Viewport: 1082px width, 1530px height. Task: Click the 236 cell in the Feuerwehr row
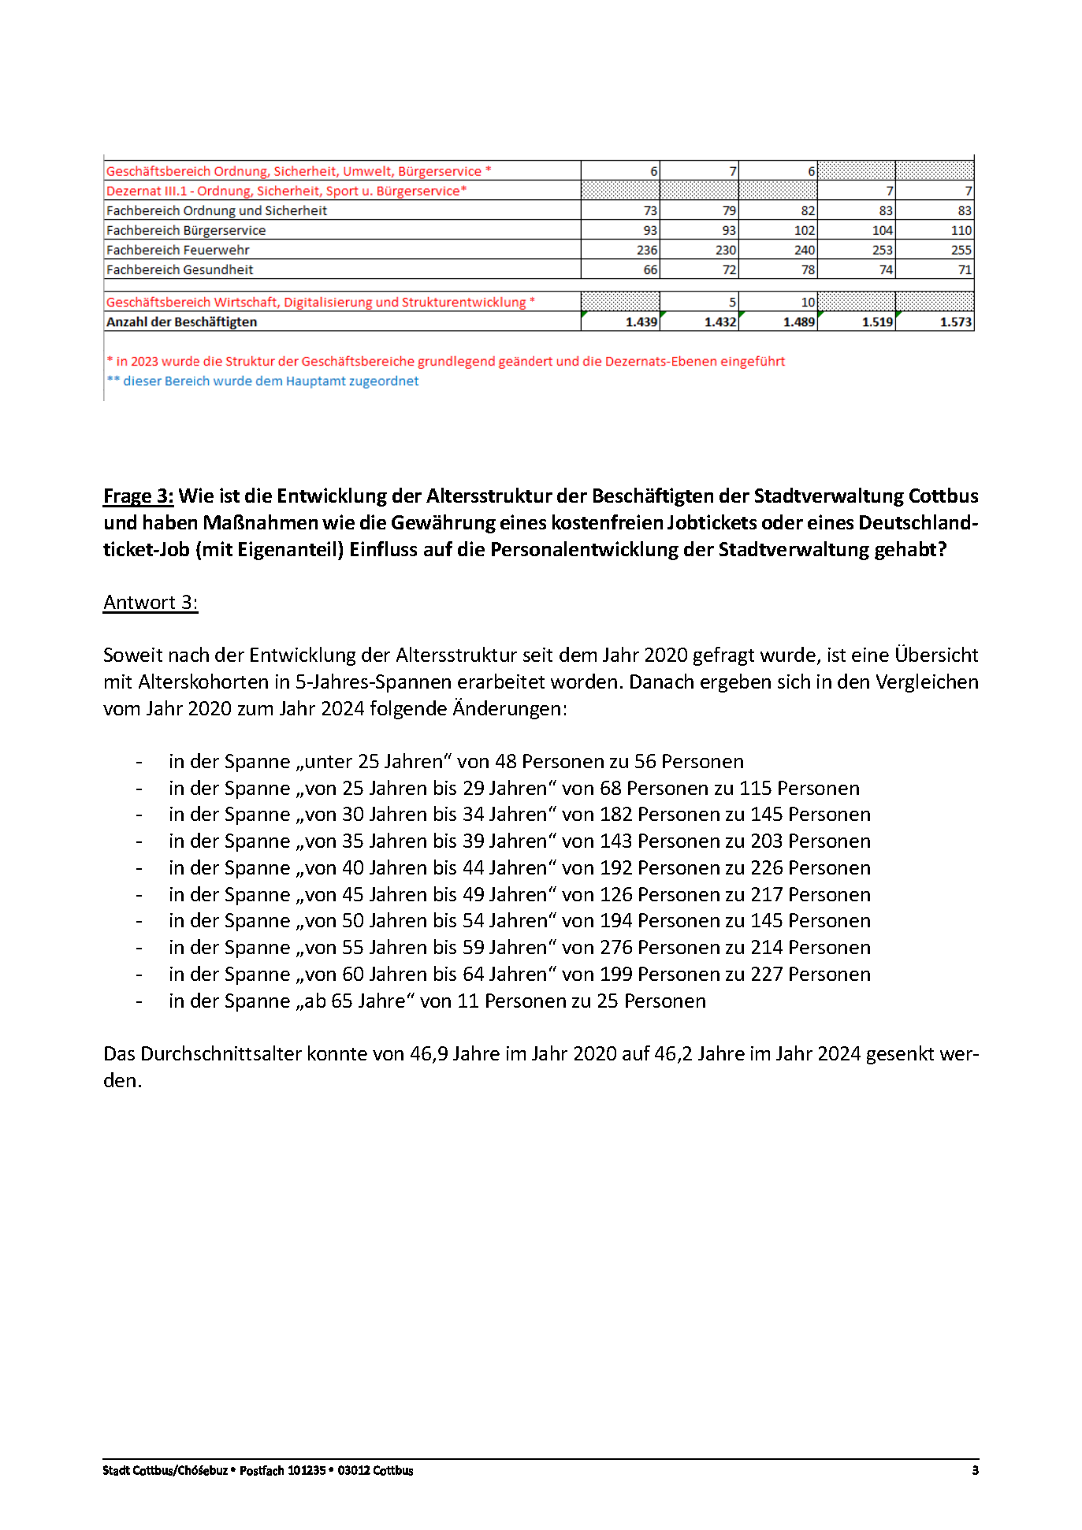tap(646, 251)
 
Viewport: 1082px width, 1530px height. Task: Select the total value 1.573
tap(955, 322)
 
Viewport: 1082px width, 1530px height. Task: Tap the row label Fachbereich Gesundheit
tap(180, 270)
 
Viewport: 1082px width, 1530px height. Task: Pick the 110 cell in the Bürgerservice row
tap(961, 231)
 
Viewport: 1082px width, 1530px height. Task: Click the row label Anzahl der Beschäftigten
tap(181, 322)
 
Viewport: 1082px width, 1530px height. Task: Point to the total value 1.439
tap(641, 322)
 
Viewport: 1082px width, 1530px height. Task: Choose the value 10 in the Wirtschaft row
tap(807, 303)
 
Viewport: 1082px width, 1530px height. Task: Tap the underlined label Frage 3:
tap(138, 496)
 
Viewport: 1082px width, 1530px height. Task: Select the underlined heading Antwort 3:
tap(151, 603)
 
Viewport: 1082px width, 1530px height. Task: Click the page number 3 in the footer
tap(975, 1471)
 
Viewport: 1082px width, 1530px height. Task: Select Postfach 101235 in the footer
tap(282, 1471)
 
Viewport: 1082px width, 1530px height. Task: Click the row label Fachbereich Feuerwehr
tap(177, 251)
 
